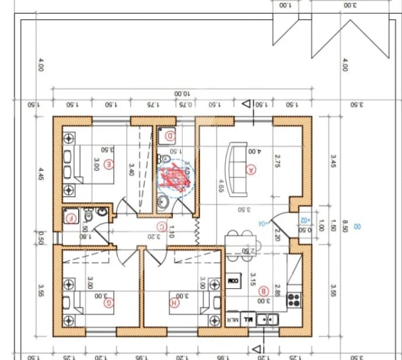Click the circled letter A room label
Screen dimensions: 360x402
(250, 169)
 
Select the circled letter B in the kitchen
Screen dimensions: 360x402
(263, 290)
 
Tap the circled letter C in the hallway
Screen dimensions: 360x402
(162, 228)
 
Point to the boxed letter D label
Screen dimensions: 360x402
(170, 135)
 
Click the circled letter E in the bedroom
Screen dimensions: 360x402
(108, 165)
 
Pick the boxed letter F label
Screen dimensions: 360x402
(70, 219)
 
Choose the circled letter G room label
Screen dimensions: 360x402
(108, 303)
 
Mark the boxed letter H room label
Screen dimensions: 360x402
(174, 303)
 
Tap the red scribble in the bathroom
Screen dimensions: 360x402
(174, 178)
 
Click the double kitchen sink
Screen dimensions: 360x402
(268, 320)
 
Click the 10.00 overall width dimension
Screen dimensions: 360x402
(183, 93)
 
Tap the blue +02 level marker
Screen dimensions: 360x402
(305, 222)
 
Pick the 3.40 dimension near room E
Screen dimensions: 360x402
(130, 169)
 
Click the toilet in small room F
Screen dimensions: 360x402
(88, 214)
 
